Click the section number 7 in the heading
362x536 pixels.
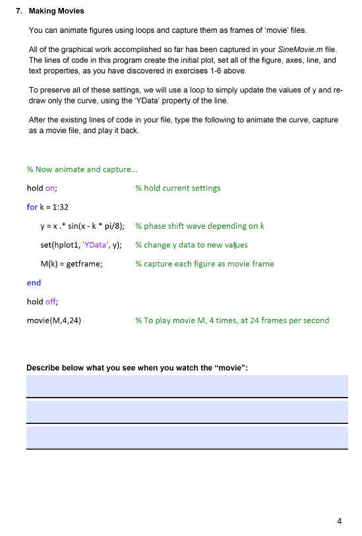coord(20,11)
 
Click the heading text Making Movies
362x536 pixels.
coord(57,11)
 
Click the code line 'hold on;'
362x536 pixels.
coord(42,188)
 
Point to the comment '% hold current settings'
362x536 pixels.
coord(178,188)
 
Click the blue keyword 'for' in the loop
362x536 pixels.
coord(32,207)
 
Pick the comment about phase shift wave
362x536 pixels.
coord(200,226)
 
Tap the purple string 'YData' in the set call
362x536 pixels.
coord(90,245)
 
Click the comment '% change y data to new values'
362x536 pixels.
coord(192,245)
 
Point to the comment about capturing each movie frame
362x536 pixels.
coord(204,264)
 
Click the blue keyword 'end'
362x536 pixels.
coord(34,283)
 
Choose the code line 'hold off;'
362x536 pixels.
coord(42,302)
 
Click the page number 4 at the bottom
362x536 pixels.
coord(340,521)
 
